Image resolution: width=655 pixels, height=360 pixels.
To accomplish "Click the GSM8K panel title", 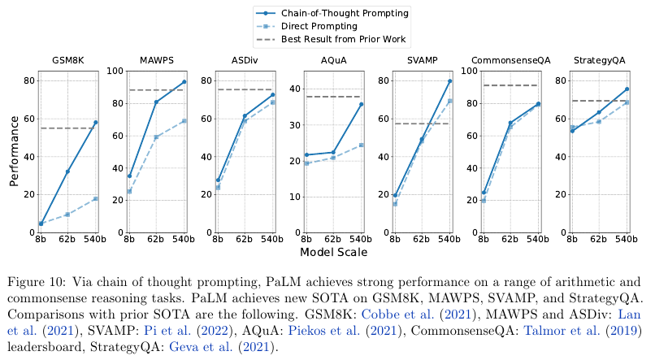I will click(68, 62).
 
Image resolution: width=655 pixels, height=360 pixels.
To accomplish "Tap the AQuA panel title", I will click(333, 62).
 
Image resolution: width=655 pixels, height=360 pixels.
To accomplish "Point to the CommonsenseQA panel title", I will click(510, 62).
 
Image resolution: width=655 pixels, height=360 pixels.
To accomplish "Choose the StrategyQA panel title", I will click(599, 62).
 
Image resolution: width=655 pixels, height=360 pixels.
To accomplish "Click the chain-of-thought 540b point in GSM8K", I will click(95, 123).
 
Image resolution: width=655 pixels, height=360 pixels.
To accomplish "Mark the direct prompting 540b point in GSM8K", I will click(95, 198).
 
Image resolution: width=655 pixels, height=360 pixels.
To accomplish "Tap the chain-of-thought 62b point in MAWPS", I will click(156, 102).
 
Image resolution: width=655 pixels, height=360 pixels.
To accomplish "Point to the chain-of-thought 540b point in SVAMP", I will click(449, 81).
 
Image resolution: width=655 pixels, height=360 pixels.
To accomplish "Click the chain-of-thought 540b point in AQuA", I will click(361, 104).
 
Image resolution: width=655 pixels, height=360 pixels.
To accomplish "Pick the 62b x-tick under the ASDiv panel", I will click(245, 240).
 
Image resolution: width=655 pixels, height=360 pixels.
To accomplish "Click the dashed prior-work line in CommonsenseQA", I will click(510, 85).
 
